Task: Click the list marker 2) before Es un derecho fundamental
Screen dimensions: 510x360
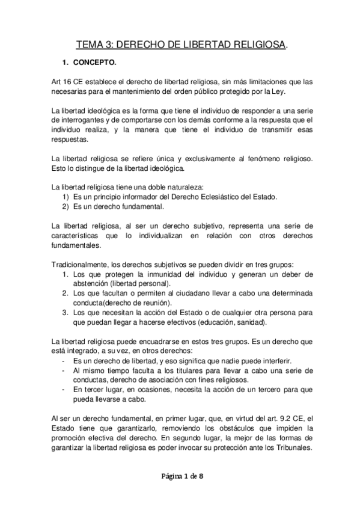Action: point(66,206)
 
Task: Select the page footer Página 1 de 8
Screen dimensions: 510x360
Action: point(179,478)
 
